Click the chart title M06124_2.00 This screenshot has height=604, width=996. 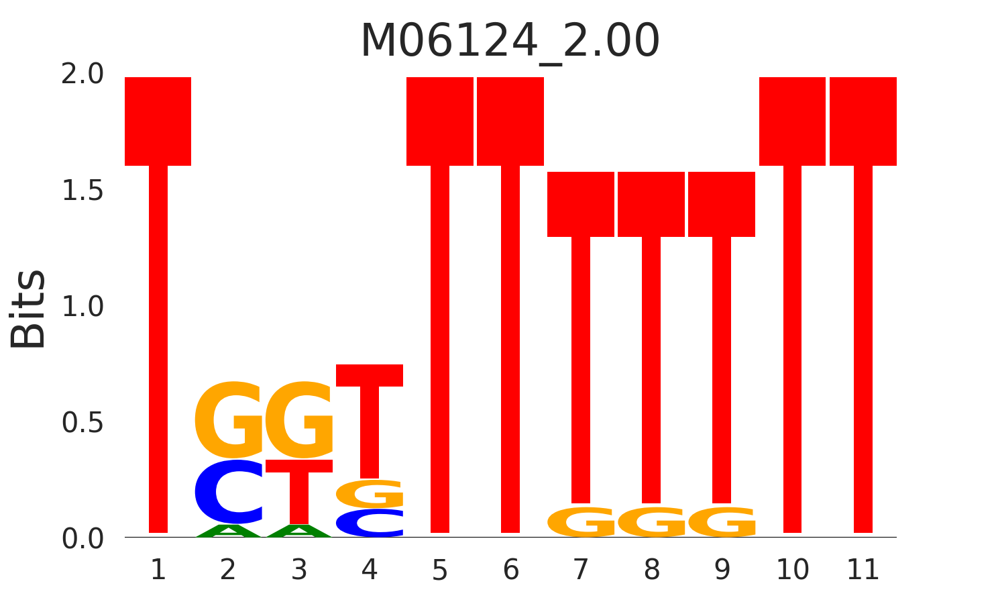click(x=510, y=42)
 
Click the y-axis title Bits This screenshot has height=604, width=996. click(x=28, y=309)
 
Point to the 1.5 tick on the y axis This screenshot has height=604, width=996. click(x=82, y=191)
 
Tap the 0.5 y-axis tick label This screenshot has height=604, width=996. click(x=82, y=423)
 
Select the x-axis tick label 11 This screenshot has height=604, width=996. click(x=863, y=570)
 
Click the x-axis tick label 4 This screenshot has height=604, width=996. click(x=369, y=570)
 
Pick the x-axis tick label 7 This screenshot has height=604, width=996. click(x=581, y=570)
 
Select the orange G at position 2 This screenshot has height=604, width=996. click(x=229, y=419)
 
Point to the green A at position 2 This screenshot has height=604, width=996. click(x=229, y=532)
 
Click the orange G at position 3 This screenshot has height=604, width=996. click(x=299, y=419)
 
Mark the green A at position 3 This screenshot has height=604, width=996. click(x=299, y=532)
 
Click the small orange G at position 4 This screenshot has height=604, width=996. click(x=370, y=494)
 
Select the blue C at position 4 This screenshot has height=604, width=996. click(x=370, y=523)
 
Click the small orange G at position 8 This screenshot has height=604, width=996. click(x=651, y=522)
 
